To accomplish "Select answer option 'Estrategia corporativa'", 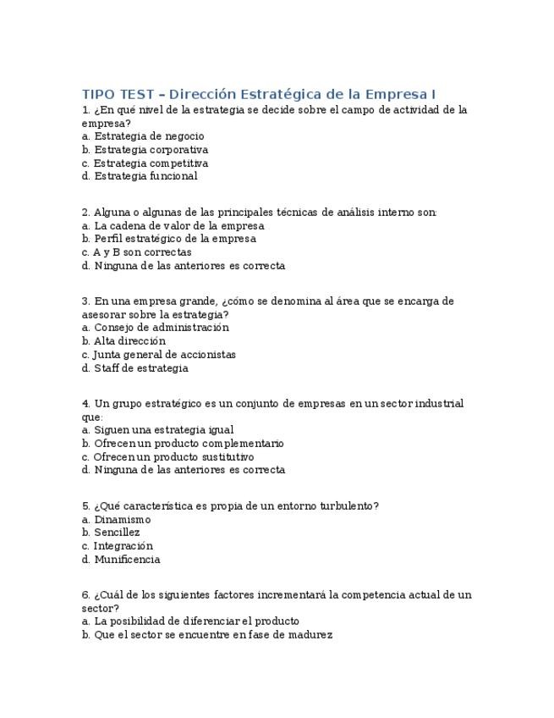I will pos(151,150).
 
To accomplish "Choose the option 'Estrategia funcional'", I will pos(145,176).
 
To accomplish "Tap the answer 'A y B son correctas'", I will pos(142,252).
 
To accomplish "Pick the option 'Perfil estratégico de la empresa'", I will pos(175,239).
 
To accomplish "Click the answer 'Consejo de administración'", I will pos(162,328).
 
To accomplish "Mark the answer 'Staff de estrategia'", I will pos(141,368).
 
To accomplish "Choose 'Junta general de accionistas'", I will pos(164,355).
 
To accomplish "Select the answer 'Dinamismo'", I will pos(123,520).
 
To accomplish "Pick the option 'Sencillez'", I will pos(117,533).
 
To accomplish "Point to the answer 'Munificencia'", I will pos(127,560).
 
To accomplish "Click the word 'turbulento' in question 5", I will pos(345,506).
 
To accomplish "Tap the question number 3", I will pos(85,301).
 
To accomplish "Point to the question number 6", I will pos(85,595).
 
